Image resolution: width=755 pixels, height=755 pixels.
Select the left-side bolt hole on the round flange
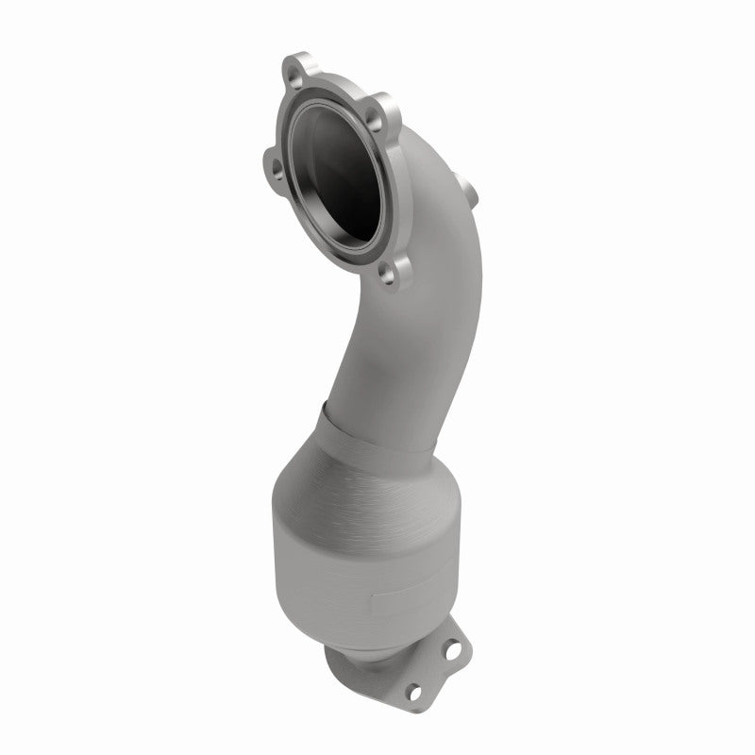(x=277, y=168)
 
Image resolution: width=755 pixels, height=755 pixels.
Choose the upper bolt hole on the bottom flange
(x=454, y=651)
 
